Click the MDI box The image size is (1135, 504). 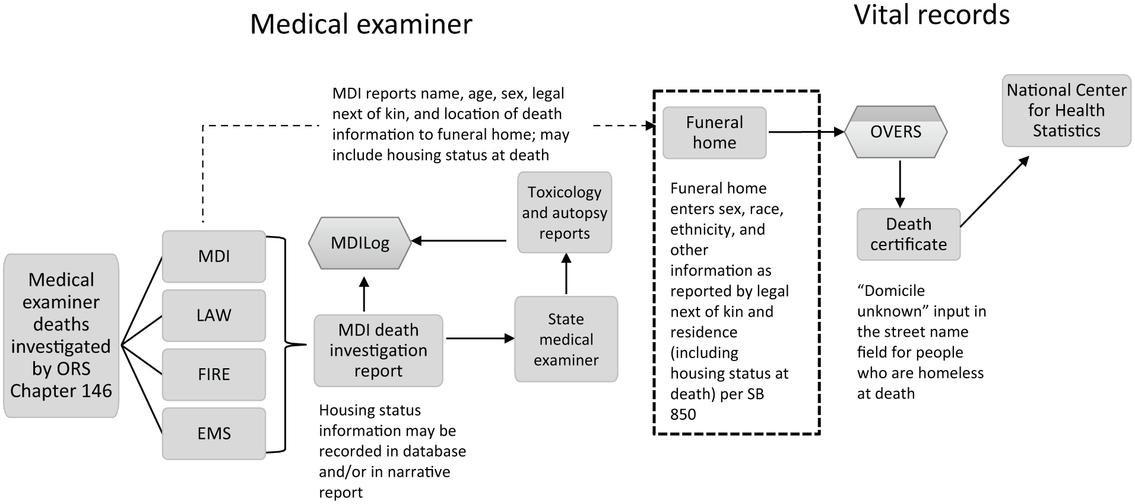[214, 256]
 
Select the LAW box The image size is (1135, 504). [214, 315]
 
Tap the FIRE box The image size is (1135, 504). [214, 375]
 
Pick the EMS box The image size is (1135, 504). [214, 433]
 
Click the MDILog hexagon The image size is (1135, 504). [360, 243]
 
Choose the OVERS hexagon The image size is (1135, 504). [896, 132]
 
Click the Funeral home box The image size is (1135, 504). [715, 133]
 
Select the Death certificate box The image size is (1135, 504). [908, 234]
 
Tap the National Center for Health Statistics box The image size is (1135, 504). [1067, 111]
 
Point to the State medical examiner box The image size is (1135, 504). [566, 339]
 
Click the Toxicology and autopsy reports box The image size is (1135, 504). [565, 212]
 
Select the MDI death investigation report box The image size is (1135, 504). [379, 350]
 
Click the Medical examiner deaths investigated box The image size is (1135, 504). [61, 336]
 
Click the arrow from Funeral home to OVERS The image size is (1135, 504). [806, 132]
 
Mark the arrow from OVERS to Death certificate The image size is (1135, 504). [900, 183]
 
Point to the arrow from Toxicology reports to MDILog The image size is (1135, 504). [459, 241]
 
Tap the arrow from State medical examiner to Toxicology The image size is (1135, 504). [566, 274]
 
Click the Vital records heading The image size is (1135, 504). [932, 15]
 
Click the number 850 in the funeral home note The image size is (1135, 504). [683, 414]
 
